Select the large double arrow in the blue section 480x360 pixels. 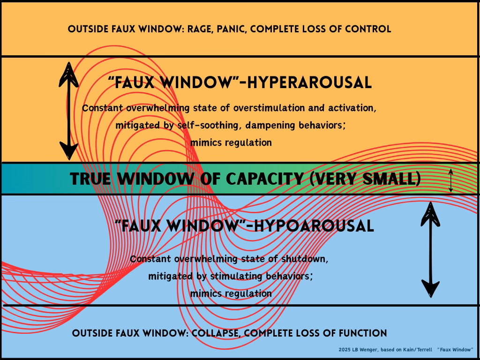pos(430,249)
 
